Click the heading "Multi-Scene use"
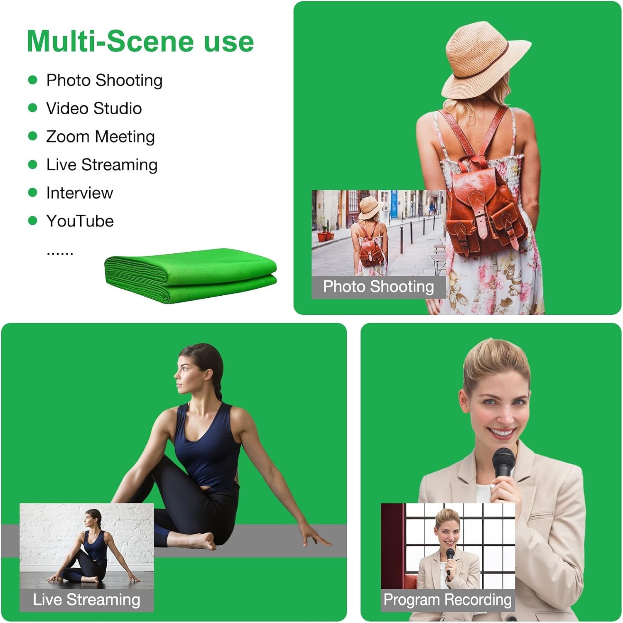pyautogui.click(x=140, y=42)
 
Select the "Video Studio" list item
pyautogui.click(x=94, y=108)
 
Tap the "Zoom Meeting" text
pyautogui.click(x=100, y=137)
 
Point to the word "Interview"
pyautogui.click(x=79, y=193)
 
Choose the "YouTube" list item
pyautogui.click(x=80, y=221)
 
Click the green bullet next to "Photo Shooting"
pyautogui.click(x=32, y=80)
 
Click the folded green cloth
pyautogui.click(x=190, y=275)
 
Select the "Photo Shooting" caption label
pyautogui.click(x=378, y=287)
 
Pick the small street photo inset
pyautogui.click(x=378, y=233)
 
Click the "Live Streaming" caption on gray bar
pyautogui.click(x=86, y=600)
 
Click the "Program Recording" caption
pyautogui.click(x=447, y=600)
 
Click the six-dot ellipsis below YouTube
pyautogui.click(x=60, y=253)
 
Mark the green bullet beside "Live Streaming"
pyautogui.click(x=32, y=165)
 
